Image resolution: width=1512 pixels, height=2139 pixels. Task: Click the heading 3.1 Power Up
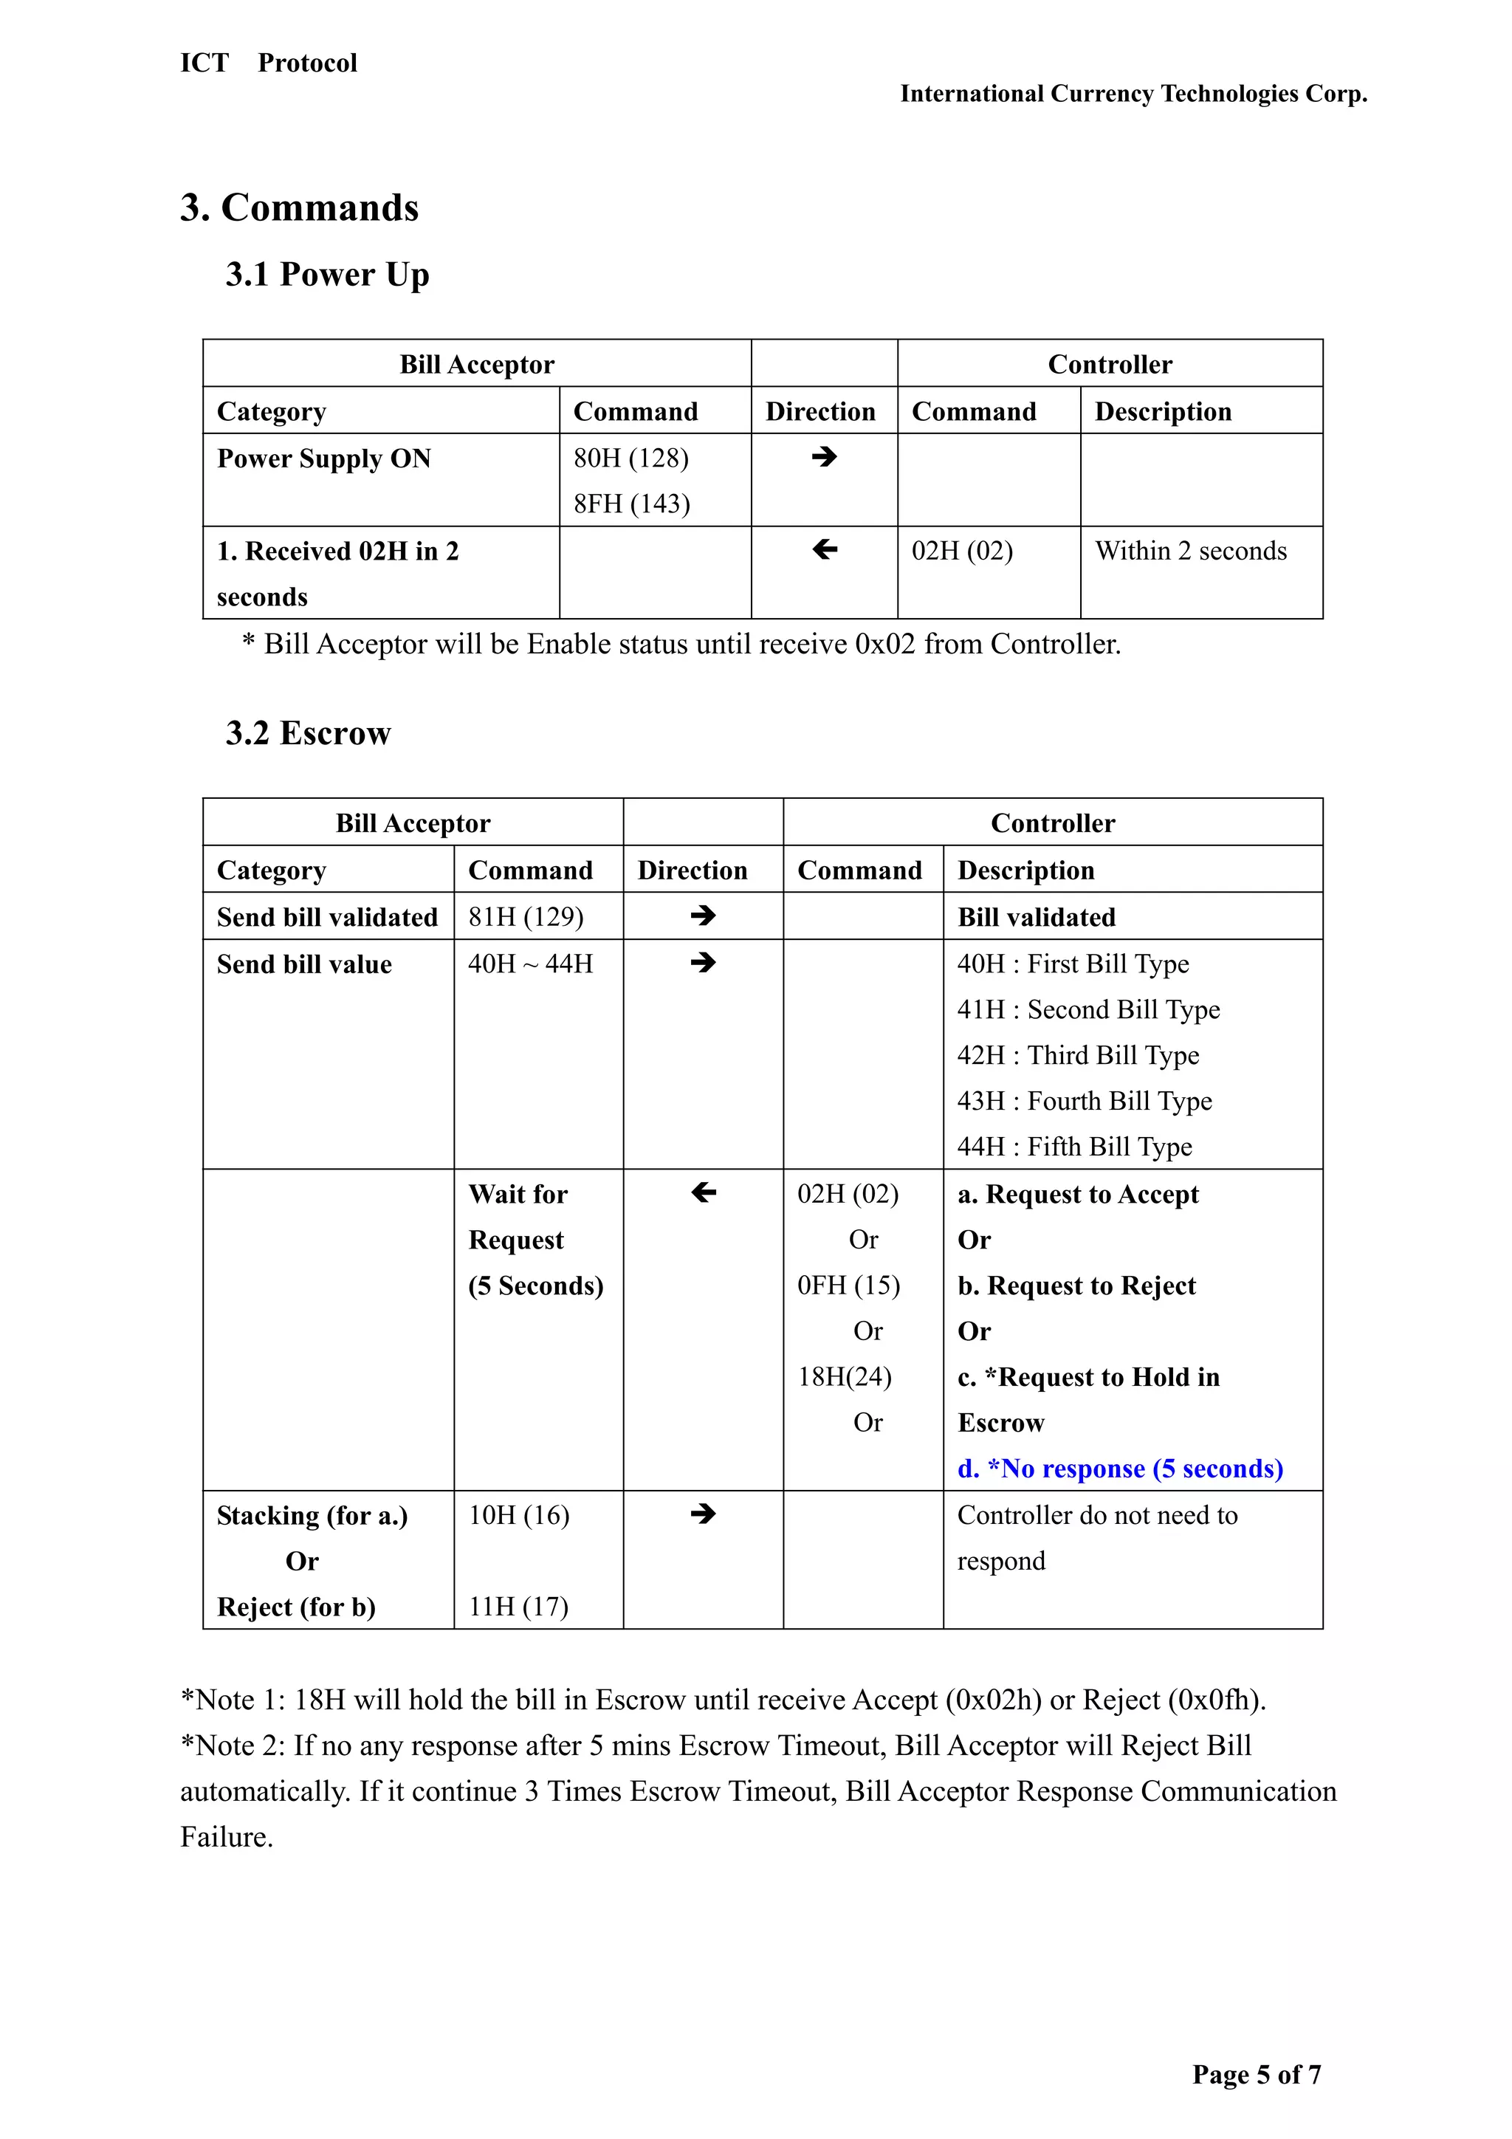tap(327, 275)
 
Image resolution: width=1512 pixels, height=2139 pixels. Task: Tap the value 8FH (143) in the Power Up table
tap(632, 504)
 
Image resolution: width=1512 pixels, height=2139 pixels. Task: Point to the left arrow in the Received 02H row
tap(823, 549)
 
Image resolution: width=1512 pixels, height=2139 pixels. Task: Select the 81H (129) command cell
tap(526, 917)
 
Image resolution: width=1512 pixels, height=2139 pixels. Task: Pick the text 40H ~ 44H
tap(530, 964)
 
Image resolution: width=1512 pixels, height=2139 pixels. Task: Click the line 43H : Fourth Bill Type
tap(1085, 1101)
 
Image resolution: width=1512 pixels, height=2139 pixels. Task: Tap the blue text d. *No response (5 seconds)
tap(1120, 1469)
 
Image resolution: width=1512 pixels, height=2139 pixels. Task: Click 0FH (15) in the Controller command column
tap(848, 1285)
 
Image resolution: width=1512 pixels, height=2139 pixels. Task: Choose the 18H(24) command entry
tap(844, 1377)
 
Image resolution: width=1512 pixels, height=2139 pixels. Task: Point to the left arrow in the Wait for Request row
tap(704, 1192)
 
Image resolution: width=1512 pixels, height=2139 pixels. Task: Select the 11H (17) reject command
tap(518, 1607)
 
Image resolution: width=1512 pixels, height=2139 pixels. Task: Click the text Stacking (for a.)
tap(312, 1516)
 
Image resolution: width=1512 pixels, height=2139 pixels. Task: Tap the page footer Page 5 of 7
tap(1256, 2075)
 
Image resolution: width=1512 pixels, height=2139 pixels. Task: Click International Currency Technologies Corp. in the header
tap(1133, 94)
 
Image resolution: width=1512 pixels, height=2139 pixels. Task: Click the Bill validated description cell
tap(1036, 918)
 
